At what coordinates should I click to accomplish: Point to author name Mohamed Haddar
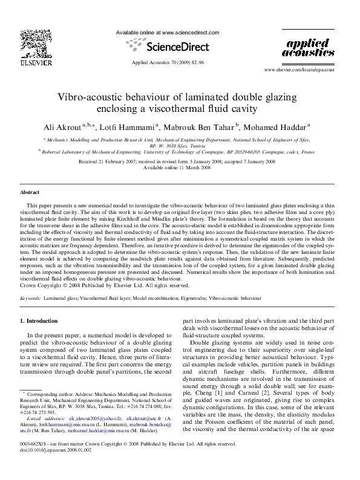coord(277,126)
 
